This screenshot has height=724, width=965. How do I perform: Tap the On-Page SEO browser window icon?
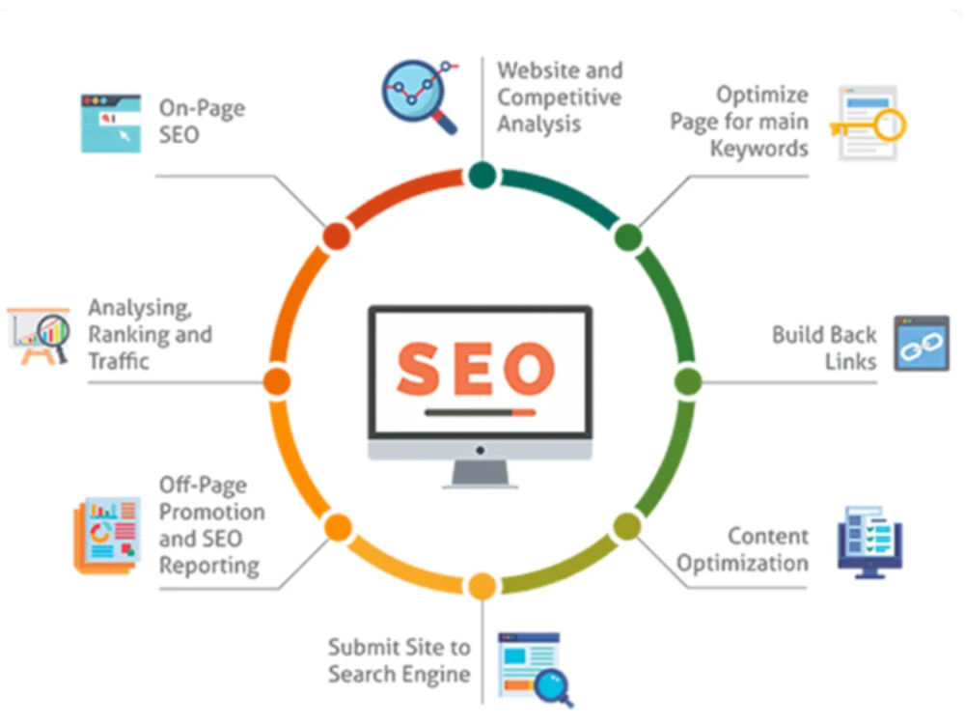pos(111,124)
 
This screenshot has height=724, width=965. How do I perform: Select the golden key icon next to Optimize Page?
pos(868,124)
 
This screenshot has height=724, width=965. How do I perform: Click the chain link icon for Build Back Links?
pos(922,344)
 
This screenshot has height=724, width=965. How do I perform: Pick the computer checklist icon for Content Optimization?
pos(869,543)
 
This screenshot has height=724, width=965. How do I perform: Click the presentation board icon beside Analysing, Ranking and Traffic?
pos(39,336)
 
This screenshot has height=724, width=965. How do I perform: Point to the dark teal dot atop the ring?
pos(482,175)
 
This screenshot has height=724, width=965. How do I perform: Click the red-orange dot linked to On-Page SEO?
pos(337,237)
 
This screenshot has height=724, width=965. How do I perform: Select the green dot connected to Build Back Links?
pos(688,381)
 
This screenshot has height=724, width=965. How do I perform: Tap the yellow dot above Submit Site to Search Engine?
pos(482,586)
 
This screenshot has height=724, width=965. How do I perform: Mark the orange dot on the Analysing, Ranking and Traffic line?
pos(277,381)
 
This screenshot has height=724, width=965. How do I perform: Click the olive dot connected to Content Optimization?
pos(627,527)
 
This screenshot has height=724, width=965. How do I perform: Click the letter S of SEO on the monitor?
pos(420,368)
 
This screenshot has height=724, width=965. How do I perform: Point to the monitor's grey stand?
pos(480,473)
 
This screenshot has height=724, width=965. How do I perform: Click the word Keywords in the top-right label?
pos(758,149)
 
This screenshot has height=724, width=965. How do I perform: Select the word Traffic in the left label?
pos(119,361)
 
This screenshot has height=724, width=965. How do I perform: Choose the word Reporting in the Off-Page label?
pos(209,566)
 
